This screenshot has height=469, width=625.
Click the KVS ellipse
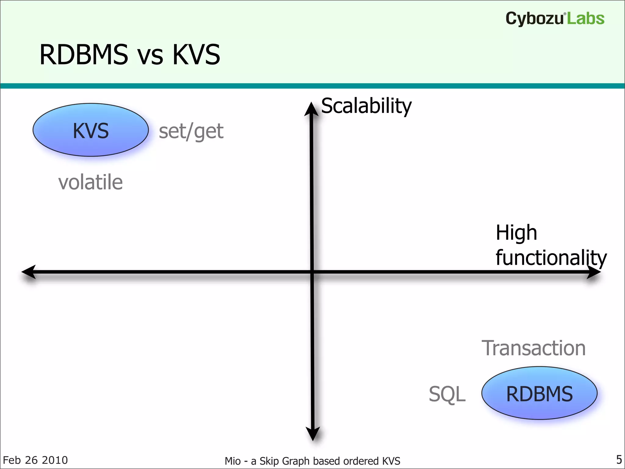(91, 130)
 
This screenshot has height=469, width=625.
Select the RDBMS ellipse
(539, 393)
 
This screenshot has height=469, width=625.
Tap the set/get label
(191, 131)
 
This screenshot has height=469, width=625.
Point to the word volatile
(90, 182)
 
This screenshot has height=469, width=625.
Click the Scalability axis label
(366, 106)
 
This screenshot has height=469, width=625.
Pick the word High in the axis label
(516, 233)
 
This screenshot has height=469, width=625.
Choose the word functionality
(551, 258)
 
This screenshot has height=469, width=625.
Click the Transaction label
(533, 348)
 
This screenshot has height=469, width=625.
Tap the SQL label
(447, 394)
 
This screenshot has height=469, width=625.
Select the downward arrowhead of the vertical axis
(313, 434)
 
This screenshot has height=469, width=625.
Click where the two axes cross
(312, 272)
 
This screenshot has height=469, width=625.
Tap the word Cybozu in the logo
(534, 19)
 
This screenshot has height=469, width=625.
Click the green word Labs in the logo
(586, 19)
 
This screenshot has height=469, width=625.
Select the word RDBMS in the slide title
(84, 55)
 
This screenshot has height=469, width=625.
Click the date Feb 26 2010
(35, 460)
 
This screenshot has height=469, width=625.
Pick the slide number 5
(619, 459)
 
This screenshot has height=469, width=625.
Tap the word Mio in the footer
(233, 461)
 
